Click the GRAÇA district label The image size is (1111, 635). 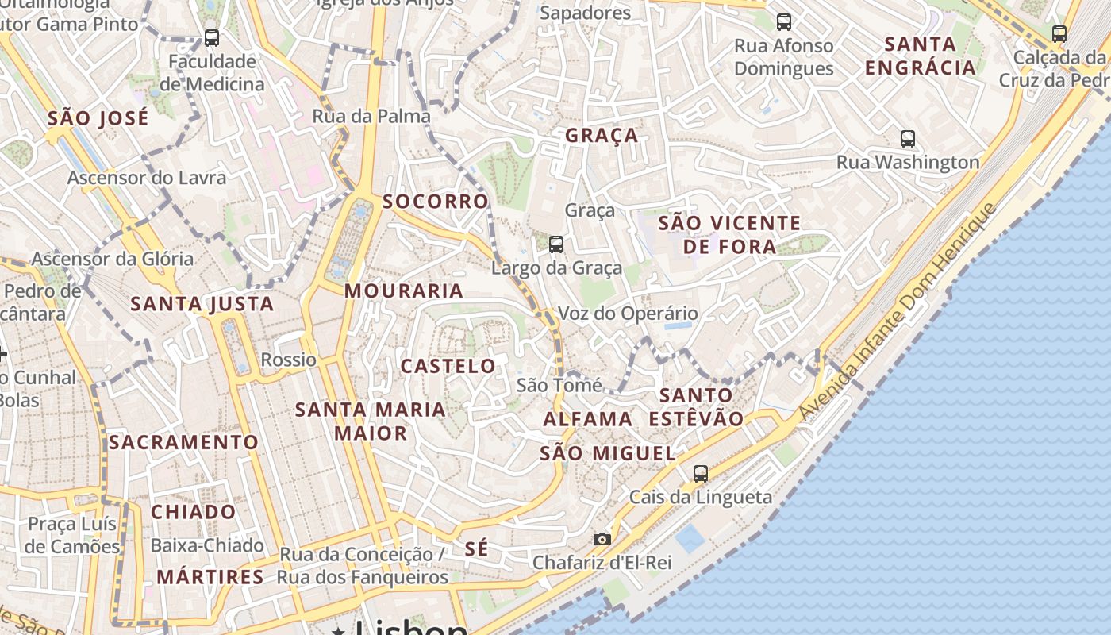pos(602,136)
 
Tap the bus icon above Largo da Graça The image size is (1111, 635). pos(556,244)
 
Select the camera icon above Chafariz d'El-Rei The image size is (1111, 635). pos(602,540)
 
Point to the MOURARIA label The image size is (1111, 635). pos(404,291)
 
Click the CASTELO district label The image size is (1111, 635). pos(448,366)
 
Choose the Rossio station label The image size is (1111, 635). pos(289,360)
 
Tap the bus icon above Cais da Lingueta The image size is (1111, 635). pos(700,474)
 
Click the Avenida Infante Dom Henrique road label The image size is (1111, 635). pos(898,311)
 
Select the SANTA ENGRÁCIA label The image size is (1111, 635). pos(921,56)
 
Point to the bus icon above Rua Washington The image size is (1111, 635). pos(908,139)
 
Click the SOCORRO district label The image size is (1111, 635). pos(436,202)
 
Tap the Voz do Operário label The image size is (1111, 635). pos(629,314)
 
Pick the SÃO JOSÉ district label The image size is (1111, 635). pos(98,119)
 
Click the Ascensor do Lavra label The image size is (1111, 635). pos(147,178)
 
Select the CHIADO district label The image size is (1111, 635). pos(194,512)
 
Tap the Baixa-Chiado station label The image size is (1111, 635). pos(207,545)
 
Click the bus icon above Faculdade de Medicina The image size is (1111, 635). pos(211,38)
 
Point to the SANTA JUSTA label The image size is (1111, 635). pos(202,304)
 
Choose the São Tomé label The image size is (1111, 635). pos(559,385)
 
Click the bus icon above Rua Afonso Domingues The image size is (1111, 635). pos(784,22)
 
